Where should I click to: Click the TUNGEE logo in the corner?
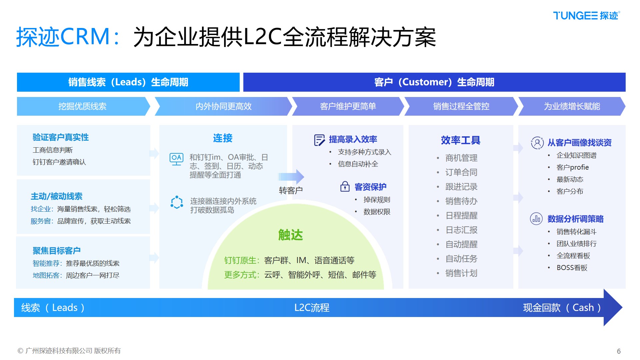coord(586,16)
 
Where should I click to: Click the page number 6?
coord(619,351)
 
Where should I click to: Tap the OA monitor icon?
coord(176,159)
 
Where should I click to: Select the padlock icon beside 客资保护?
coord(345,187)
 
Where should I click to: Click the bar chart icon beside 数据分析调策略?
coord(536,219)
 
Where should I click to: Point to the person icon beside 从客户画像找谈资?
coord(537,143)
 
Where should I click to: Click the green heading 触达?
coord(290,235)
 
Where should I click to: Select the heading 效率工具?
coord(460,140)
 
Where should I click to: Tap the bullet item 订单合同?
coord(461,172)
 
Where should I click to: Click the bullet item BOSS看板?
coord(572,268)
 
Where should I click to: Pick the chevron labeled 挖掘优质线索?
coord(82,106)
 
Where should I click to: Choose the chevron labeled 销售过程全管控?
coord(461,106)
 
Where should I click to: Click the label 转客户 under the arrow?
coord(291,190)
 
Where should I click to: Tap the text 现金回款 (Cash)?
coord(562,307)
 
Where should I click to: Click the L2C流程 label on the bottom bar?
coord(312,307)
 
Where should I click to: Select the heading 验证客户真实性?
coord(61,137)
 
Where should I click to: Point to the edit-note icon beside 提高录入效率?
coord(319,140)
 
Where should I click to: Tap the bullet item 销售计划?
coord(461,273)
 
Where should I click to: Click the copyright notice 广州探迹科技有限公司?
coord(69,351)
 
